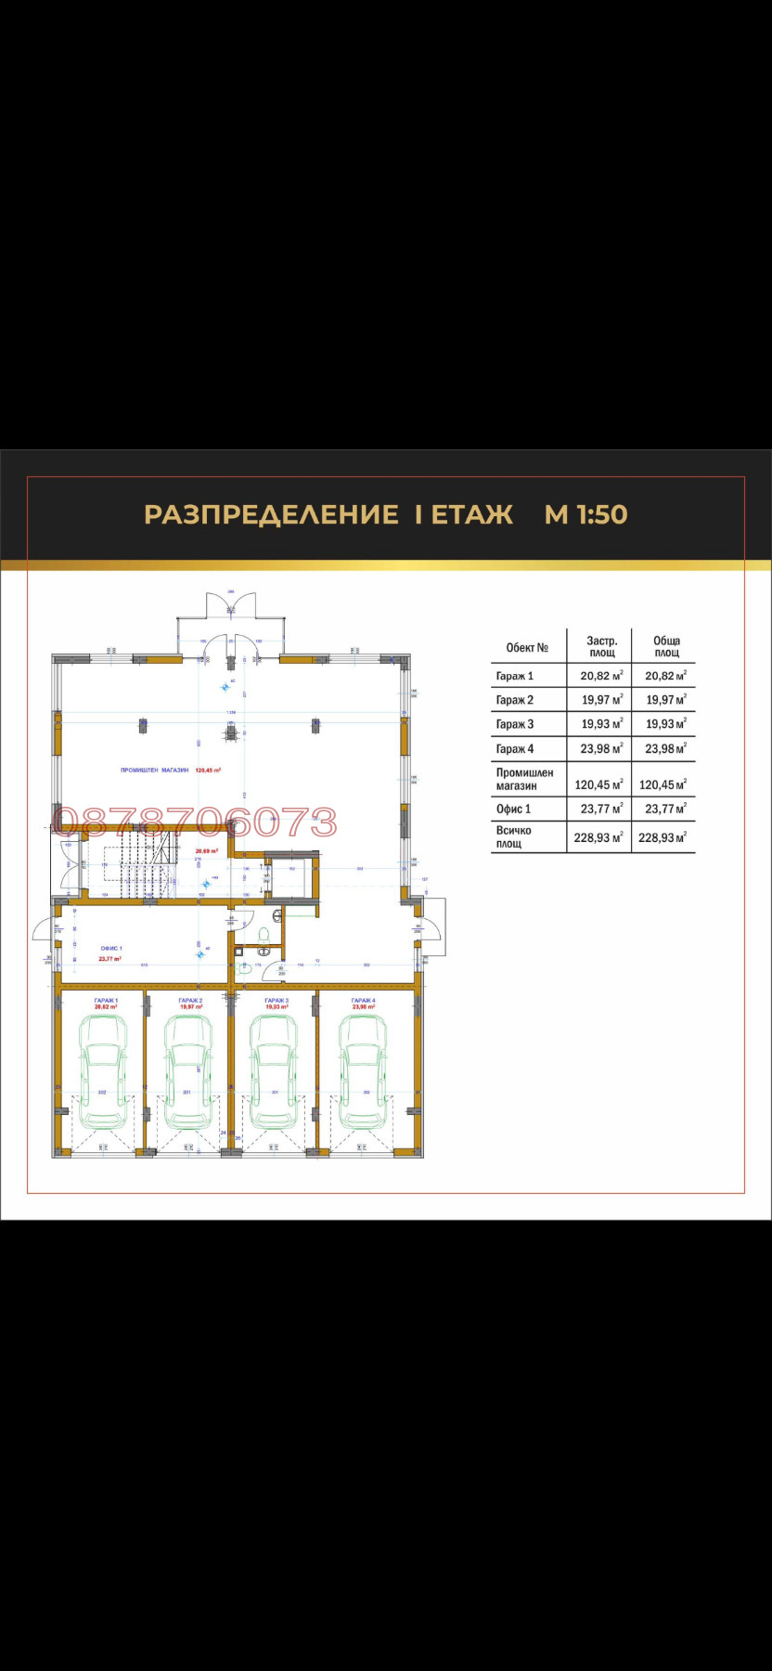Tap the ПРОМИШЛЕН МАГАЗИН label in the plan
click(155, 770)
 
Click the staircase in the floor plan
click(140, 864)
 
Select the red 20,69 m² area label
click(206, 850)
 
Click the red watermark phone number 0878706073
click(195, 822)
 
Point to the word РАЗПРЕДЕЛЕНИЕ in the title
click(271, 514)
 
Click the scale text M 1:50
click(585, 514)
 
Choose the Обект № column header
click(527, 647)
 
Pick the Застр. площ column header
click(601, 646)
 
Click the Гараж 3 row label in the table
click(515, 724)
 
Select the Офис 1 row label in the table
click(514, 809)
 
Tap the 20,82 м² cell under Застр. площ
click(601, 676)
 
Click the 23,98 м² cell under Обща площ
click(665, 748)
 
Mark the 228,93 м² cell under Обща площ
click(665, 836)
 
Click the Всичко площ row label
click(514, 836)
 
